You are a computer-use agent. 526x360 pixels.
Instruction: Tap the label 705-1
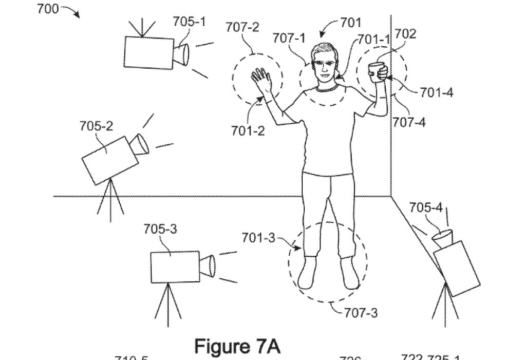(189, 22)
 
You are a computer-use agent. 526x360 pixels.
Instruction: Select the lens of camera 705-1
(182, 54)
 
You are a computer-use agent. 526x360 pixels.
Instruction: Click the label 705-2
(96, 126)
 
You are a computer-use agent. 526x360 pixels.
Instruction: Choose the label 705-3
(160, 229)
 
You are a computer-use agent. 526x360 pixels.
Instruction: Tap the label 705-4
(425, 207)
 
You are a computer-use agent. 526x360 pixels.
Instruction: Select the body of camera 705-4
(457, 268)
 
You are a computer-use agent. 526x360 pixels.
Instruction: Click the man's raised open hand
(261, 81)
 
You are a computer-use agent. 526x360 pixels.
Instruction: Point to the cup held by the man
(377, 71)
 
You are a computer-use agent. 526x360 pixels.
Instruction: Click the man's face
(323, 66)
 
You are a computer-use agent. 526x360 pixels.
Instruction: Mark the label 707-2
(242, 27)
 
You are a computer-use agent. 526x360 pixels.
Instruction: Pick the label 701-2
(248, 131)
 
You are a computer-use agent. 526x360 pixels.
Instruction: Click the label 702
(405, 34)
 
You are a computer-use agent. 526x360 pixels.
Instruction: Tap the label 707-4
(409, 123)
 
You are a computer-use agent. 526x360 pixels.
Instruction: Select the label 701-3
(258, 238)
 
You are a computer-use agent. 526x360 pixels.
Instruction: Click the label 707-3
(361, 312)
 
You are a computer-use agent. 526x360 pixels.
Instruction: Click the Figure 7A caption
(237, 346)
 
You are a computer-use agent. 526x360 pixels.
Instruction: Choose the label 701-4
(436, 92)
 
